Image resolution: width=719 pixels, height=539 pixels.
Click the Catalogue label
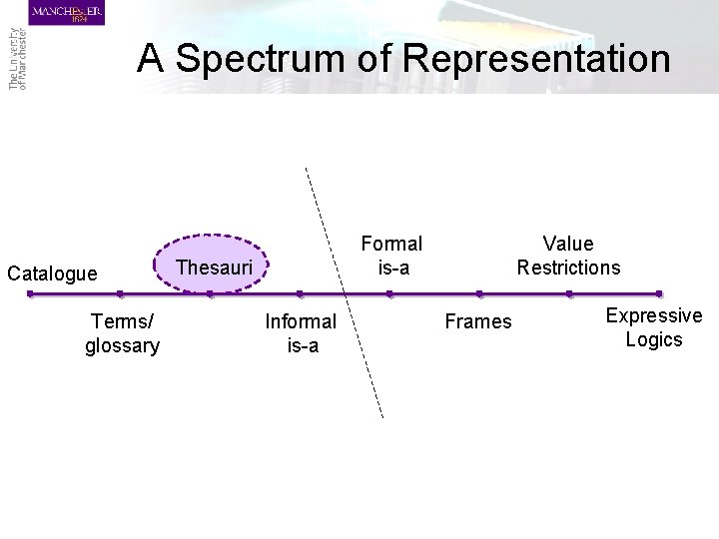pyautogui.click(x=52, y=272)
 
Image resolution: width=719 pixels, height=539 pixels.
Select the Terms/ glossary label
pyautogui.click(x=123, y=332)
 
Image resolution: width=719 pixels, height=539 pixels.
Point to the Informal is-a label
pyautogui.click(x=300, y=332)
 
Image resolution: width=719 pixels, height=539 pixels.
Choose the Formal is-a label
pyautogui.click(x=391, y=256)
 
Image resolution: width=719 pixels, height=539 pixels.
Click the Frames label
pyautogui.click(x=478, y=321)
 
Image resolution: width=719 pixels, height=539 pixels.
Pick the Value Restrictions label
pyautogui.click(x=568, y=256)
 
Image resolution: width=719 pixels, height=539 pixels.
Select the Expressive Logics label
pyautogui.click(x=654, y=327)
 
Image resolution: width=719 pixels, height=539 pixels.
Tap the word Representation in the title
pyautogui.click(x=539, y=59)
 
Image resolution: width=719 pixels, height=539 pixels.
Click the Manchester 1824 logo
pyautogui.click(x=66, y=13)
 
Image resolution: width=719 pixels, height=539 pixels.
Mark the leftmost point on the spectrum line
pyautogui.click(x=30, y=294)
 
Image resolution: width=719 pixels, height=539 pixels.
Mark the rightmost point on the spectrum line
pyautogui.click(x=659, y=294)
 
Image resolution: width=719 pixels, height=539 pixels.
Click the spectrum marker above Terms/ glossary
pyautogui.click(x=120, y=294)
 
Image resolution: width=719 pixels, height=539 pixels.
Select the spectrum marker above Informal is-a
pyautogui.click(x=300, y=294)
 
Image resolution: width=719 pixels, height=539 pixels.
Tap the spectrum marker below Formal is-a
pyautogui.click(x=389, y=294)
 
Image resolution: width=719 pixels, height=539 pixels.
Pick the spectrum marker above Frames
pyautogui.click(x=479, y=294)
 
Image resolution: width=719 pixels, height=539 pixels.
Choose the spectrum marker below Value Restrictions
pyautogui.click(x=569, y=294)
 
